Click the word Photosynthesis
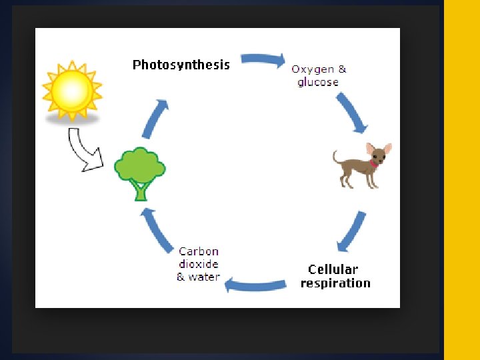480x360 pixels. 181,65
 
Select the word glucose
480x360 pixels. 318,83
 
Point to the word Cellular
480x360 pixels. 333,269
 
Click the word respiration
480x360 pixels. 335,283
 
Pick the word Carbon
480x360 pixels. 199,251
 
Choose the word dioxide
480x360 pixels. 199,264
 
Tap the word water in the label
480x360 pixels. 204,277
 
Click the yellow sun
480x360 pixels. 72,90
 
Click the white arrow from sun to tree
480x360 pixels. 85,149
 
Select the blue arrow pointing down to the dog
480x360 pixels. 351,112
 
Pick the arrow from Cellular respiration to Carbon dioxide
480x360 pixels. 257,285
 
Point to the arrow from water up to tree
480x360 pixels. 157,230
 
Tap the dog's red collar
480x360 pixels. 373,163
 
